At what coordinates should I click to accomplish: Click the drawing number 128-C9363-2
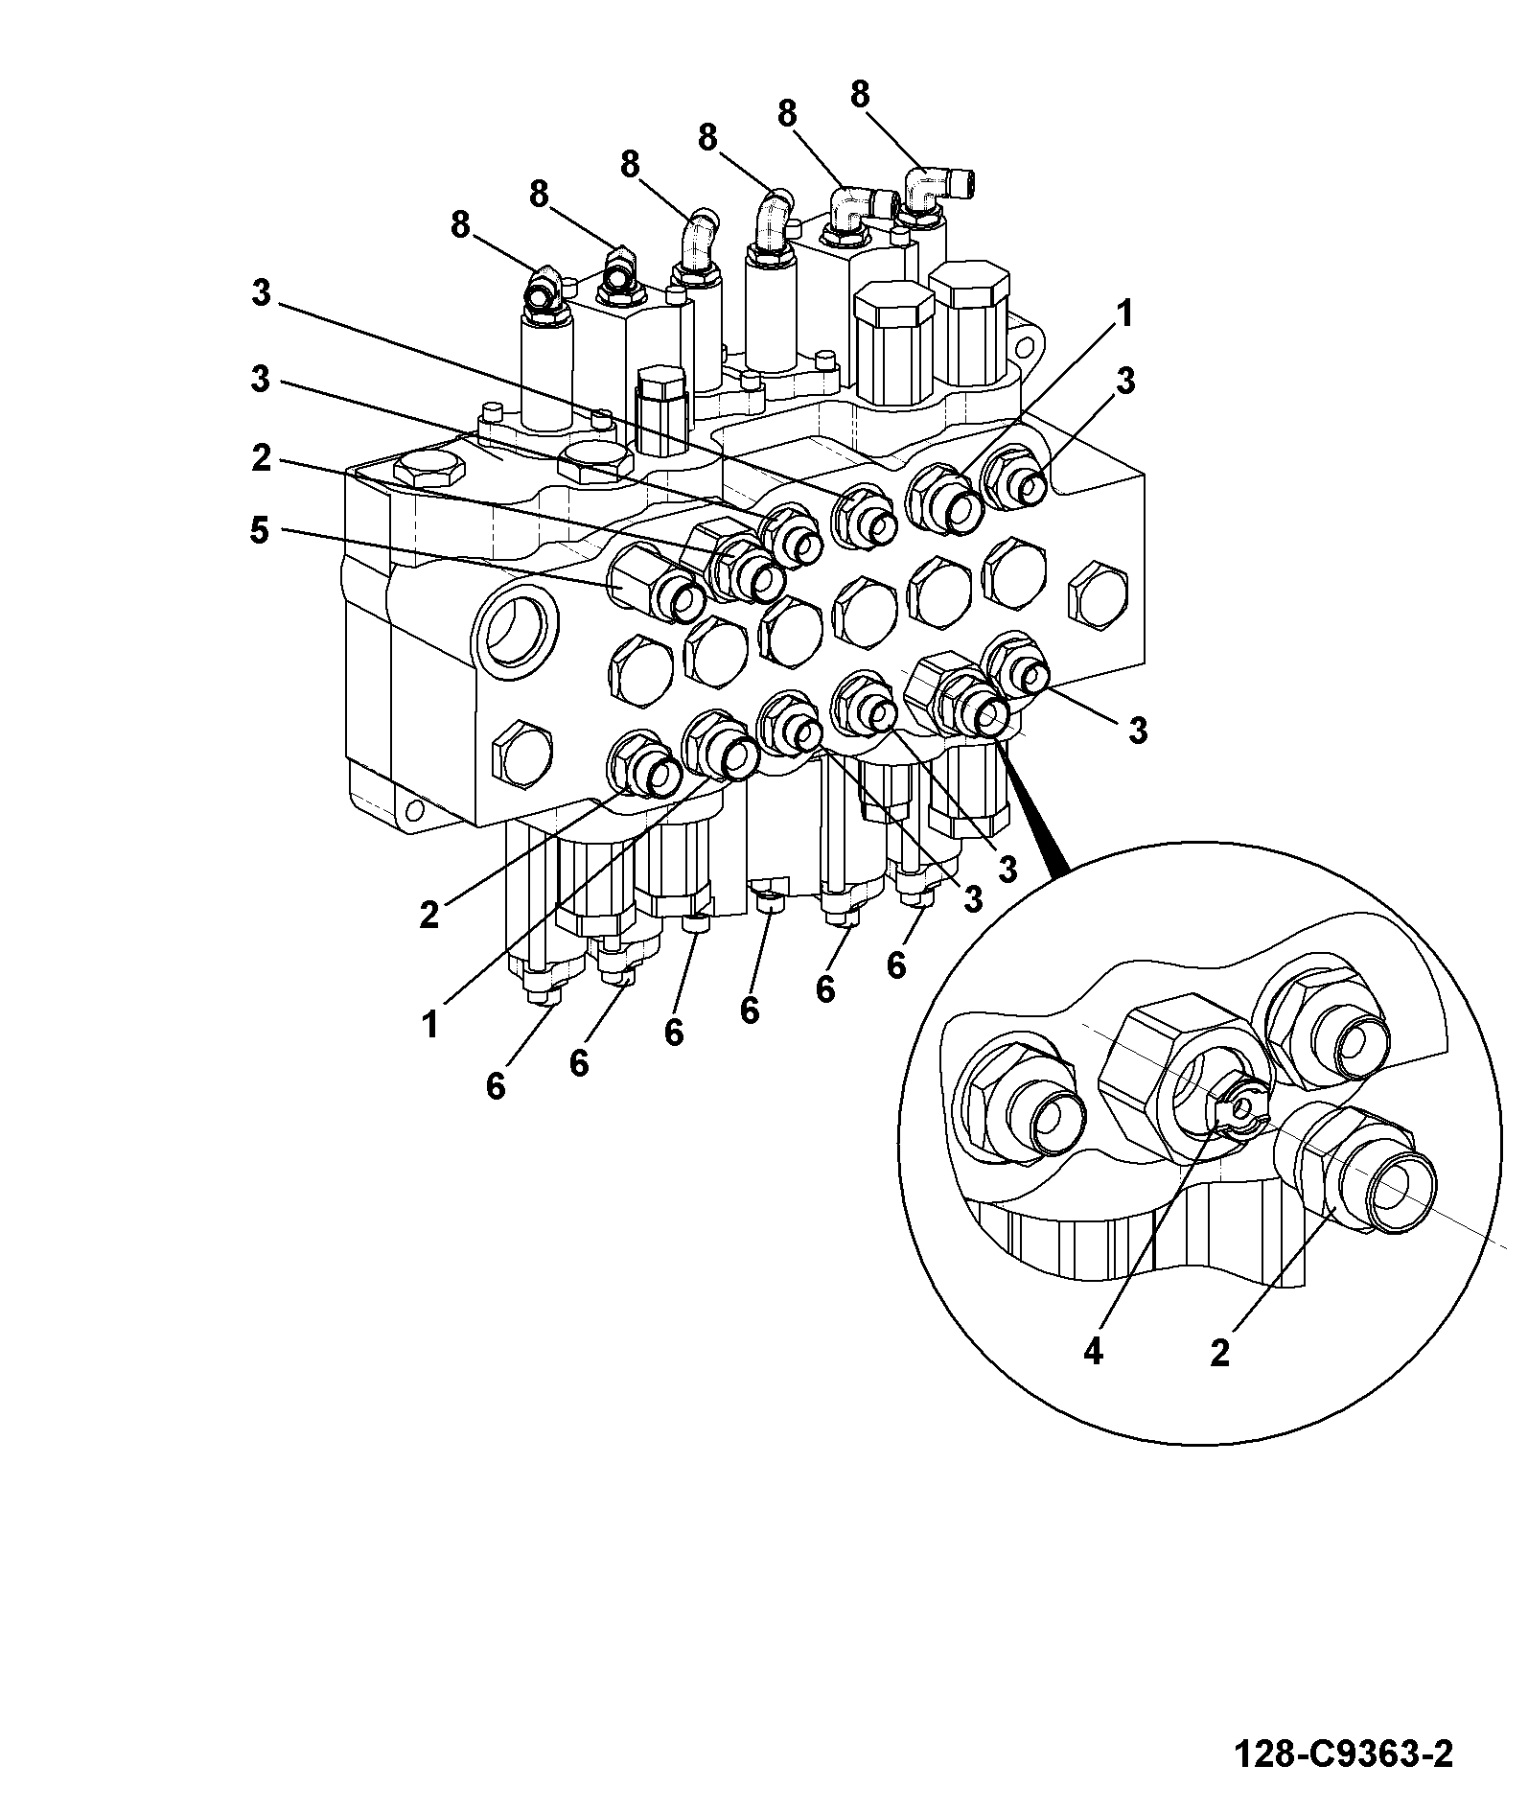[x=1342, y=1754]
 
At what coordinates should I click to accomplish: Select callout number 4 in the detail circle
[x=1093, y=1352]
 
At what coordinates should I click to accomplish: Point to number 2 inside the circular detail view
[x=1219, y=1353]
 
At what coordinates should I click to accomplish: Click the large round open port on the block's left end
[x=514, y=632]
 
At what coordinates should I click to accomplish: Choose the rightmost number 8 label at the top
[x=859, y=94]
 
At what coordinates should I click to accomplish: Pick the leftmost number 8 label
[x=460, y=225]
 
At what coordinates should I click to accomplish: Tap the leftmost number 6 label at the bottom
[x=495, y=1086]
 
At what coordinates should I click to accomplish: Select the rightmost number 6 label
[x=895, y=965]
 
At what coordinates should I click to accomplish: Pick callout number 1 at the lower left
[x=429, y=1025]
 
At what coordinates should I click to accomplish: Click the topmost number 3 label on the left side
[x=261, y=292]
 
